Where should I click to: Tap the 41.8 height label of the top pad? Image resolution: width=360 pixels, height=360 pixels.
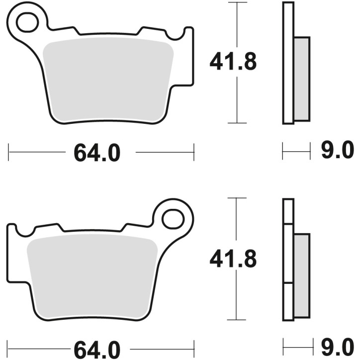(x=233, y=63)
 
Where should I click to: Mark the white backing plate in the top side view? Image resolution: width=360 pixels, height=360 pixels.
(x=288, y=62)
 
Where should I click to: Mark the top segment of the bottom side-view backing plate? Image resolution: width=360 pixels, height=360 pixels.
(x=288, y=211)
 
